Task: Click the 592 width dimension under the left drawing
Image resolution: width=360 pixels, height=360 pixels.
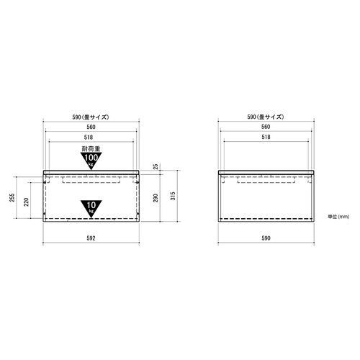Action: pos(91,237)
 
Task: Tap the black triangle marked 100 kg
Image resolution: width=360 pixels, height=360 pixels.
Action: pos(91,159)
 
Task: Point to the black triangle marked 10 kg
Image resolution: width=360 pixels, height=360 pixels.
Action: pos(91,207)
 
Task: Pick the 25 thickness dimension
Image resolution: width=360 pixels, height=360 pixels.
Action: pos(156,168)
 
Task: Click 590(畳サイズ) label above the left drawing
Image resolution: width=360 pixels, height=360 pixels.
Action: pos(91,116)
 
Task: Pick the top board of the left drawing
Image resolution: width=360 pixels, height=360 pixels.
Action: pos(91,172)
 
